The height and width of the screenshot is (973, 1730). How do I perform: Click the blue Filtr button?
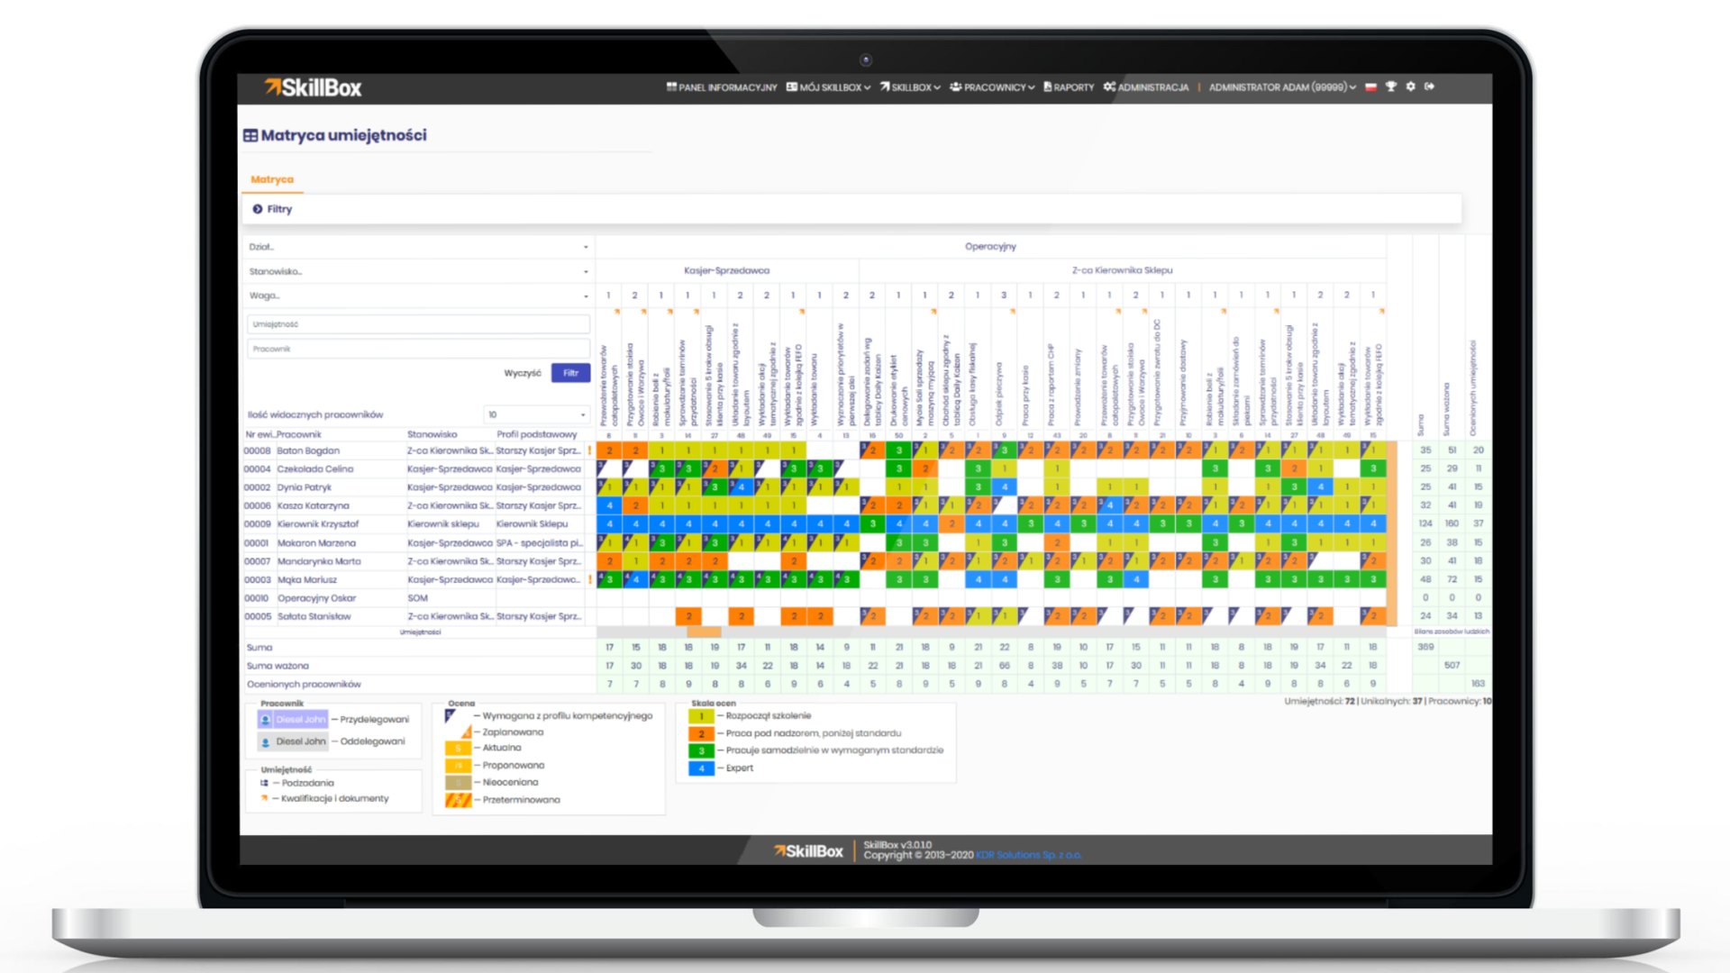[570, 373]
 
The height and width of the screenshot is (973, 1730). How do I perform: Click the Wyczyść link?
[523, 373]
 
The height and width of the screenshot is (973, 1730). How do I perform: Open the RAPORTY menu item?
[1069, 87]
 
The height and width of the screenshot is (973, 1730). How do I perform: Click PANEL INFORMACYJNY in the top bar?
[722, 87]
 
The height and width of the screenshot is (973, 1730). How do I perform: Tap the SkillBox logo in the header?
[313, 87]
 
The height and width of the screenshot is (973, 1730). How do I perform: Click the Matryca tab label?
[272, 179]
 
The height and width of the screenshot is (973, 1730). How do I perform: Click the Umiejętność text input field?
[418, 324]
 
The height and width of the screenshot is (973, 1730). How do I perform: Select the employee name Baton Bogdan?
[308, 450]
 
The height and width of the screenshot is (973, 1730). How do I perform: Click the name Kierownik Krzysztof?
[317, 523]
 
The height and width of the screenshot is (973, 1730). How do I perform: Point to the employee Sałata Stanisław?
[314, 616]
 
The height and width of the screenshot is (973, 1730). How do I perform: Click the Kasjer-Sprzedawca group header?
[726, 270]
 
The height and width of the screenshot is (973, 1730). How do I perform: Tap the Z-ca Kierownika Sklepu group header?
[1122, 270]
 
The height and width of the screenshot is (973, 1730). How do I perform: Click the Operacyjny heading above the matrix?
[990, 246]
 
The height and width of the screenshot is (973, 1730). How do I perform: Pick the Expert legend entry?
[739, 768]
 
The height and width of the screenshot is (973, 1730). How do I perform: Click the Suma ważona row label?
[278, 666]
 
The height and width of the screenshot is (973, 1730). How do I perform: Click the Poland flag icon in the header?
[1371, 87]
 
